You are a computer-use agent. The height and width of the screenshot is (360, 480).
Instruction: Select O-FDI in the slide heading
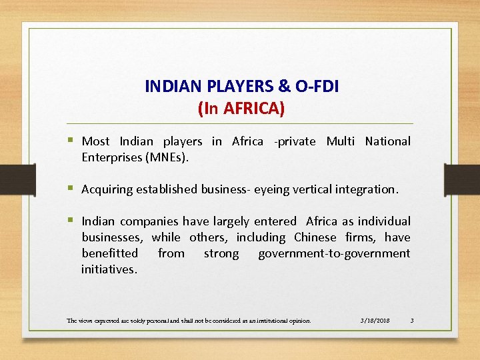314,87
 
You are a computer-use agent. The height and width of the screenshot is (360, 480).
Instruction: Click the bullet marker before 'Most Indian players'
71,141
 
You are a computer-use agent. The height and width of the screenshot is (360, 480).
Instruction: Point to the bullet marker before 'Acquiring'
71,189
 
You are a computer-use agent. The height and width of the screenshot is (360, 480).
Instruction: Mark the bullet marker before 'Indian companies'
71,221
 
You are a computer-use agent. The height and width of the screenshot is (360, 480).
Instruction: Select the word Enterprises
109,157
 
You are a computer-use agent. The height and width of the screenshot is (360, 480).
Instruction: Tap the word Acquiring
107,189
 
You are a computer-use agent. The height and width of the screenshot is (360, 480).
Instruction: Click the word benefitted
109,253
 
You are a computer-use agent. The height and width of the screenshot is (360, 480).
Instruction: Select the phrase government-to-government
334,253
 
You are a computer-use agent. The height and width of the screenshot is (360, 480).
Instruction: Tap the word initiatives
109,269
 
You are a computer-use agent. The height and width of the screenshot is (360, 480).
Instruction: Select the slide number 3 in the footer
412,321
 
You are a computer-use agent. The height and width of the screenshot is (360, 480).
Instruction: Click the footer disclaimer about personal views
189,321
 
